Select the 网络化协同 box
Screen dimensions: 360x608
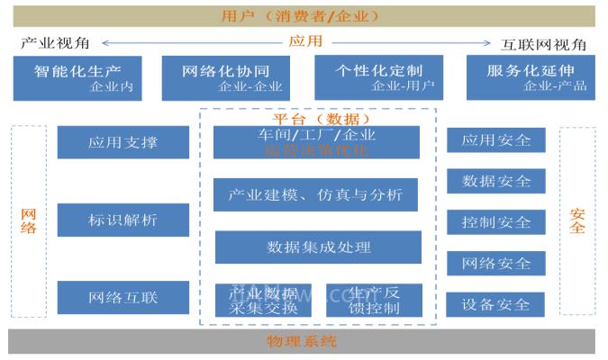point(226,76)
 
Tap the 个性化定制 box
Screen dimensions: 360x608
point(378,76)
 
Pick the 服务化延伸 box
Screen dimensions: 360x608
point(531,76)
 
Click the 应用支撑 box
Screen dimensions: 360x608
point(123,142)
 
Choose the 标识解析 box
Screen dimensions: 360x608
point(123,220)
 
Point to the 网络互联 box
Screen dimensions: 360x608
point(123,297)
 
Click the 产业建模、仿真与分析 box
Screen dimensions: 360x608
point(316,194)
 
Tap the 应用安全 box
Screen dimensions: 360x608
point(496,140)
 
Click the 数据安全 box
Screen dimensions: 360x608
point(496,181)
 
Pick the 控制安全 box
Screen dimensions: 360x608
point(496,222)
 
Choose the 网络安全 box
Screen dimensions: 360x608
point(496,263)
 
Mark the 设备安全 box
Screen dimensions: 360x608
point(496,304)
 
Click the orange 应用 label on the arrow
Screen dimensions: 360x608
point(304,41)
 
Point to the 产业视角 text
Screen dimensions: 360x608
point(52,44)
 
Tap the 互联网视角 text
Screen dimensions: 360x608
point(543,44)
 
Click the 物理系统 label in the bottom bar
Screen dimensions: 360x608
point(302,342)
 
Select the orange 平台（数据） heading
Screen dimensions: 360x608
point(321,118)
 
